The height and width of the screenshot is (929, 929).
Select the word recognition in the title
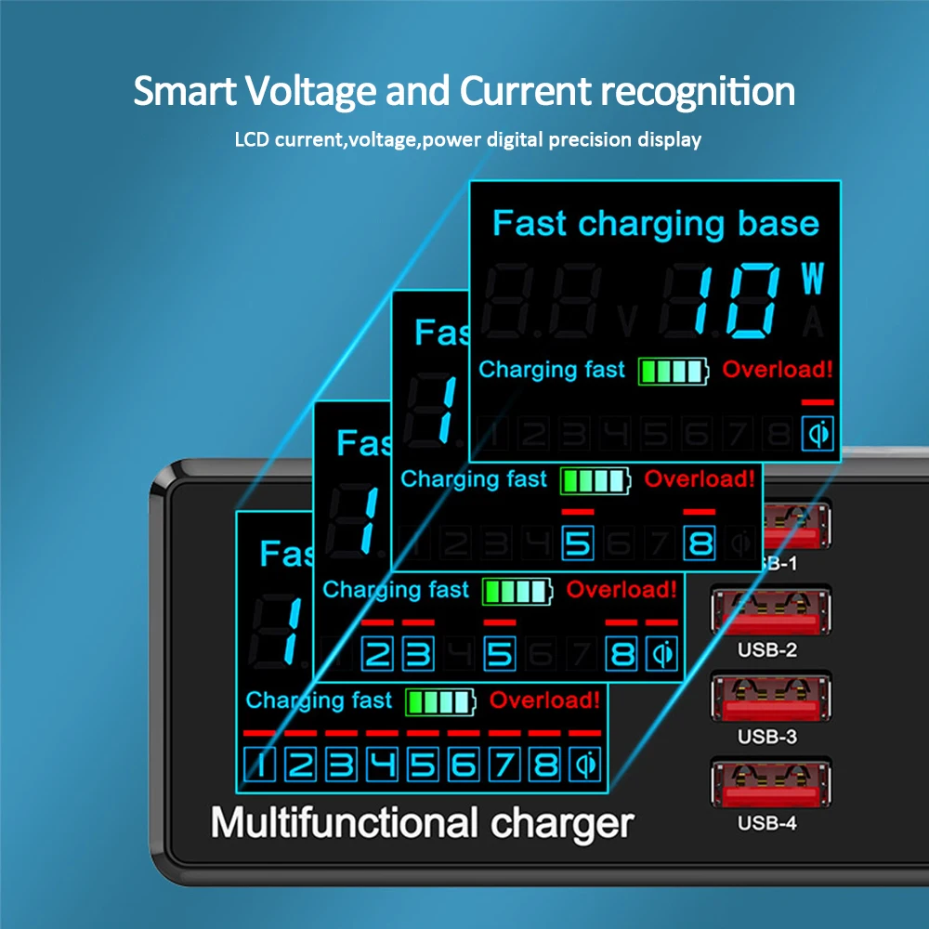696,93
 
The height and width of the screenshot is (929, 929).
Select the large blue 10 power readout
735,299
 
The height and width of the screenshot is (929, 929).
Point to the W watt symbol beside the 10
813,280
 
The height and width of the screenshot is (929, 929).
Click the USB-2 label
767,650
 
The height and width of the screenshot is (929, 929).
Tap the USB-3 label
767,737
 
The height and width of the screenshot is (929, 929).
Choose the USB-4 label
767,823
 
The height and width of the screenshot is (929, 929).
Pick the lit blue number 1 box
261,765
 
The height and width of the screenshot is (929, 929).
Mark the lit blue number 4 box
383,765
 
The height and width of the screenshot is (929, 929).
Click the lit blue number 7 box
504,765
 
